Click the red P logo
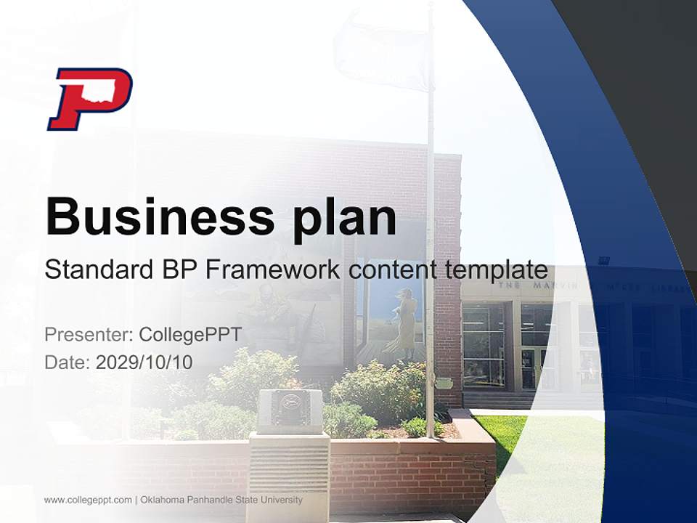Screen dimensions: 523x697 (x=89, y=99)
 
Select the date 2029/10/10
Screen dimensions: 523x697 (x=144, y=362)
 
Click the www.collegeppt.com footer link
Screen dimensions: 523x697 (x=88, y=500)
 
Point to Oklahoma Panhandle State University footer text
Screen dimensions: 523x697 (x=221, y=500)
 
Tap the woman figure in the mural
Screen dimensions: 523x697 (x=407, y=320)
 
